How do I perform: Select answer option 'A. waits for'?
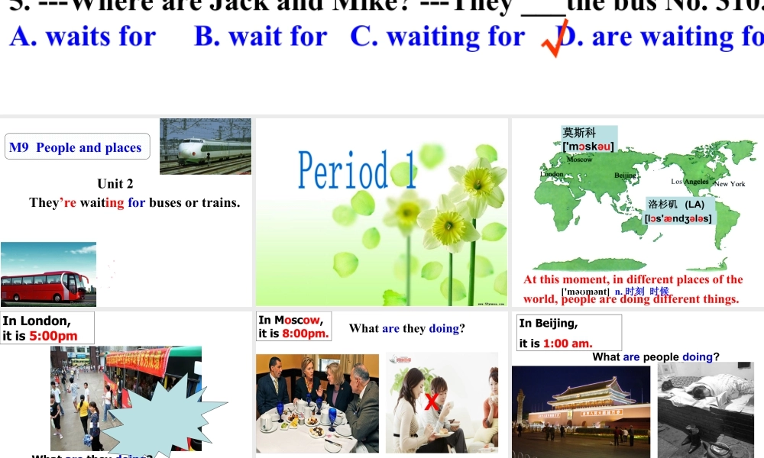83,37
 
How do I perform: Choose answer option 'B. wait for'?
260,37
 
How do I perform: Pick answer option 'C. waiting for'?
437,37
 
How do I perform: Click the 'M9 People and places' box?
75,147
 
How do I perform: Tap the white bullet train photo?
205,146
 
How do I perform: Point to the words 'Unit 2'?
115,183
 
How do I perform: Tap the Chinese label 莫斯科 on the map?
578,133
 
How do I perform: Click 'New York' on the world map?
730,184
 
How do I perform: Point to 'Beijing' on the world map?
625,176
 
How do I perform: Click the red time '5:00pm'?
53,336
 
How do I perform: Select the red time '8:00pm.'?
306,334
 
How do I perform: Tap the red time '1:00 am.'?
568,343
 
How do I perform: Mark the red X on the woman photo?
432,402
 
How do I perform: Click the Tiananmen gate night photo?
581,411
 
